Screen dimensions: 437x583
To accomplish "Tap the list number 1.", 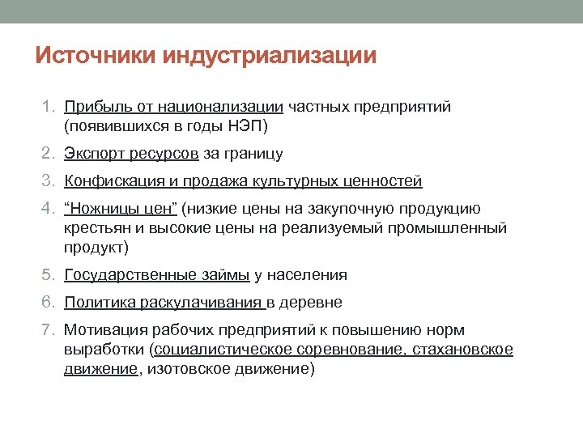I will coord(48,107).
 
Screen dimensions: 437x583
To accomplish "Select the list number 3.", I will coord(48,181).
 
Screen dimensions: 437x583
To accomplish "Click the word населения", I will coord(306,275).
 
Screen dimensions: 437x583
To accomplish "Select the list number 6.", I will coord(48,303).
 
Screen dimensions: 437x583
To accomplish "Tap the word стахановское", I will coord(463,350).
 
